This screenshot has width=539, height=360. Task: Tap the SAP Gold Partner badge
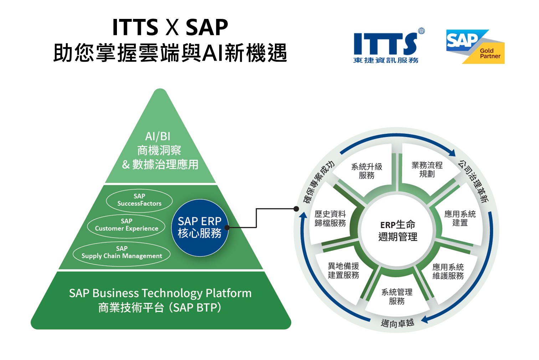tap(475, 47)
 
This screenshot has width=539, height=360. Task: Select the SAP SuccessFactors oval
tap(139, 200)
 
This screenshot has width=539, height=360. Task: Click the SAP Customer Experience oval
tap(126, 225)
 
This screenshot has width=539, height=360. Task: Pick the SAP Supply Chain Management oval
tap(122, 253)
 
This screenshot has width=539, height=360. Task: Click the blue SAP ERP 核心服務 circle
tap(200, 227)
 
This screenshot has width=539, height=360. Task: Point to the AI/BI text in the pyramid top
tap(158, 136)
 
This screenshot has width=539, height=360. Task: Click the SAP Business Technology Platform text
tap(160, 293)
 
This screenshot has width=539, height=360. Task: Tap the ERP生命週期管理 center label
tap(397, 230)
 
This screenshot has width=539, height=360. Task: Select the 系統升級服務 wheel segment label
tap(366, 171)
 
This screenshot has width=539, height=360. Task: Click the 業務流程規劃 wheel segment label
tap(427, 169)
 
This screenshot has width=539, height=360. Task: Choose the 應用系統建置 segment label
tap(460, 218)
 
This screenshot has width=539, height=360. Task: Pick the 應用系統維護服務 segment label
tap(448, 271)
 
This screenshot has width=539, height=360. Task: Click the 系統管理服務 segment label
tap(397, 296)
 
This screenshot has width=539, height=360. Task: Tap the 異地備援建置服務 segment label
tap(343, 270)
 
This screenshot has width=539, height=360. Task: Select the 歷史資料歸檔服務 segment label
tap(330, 218)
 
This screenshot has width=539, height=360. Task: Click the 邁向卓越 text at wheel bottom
tap(397, 323)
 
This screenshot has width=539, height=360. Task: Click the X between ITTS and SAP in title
tap(172, 27)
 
